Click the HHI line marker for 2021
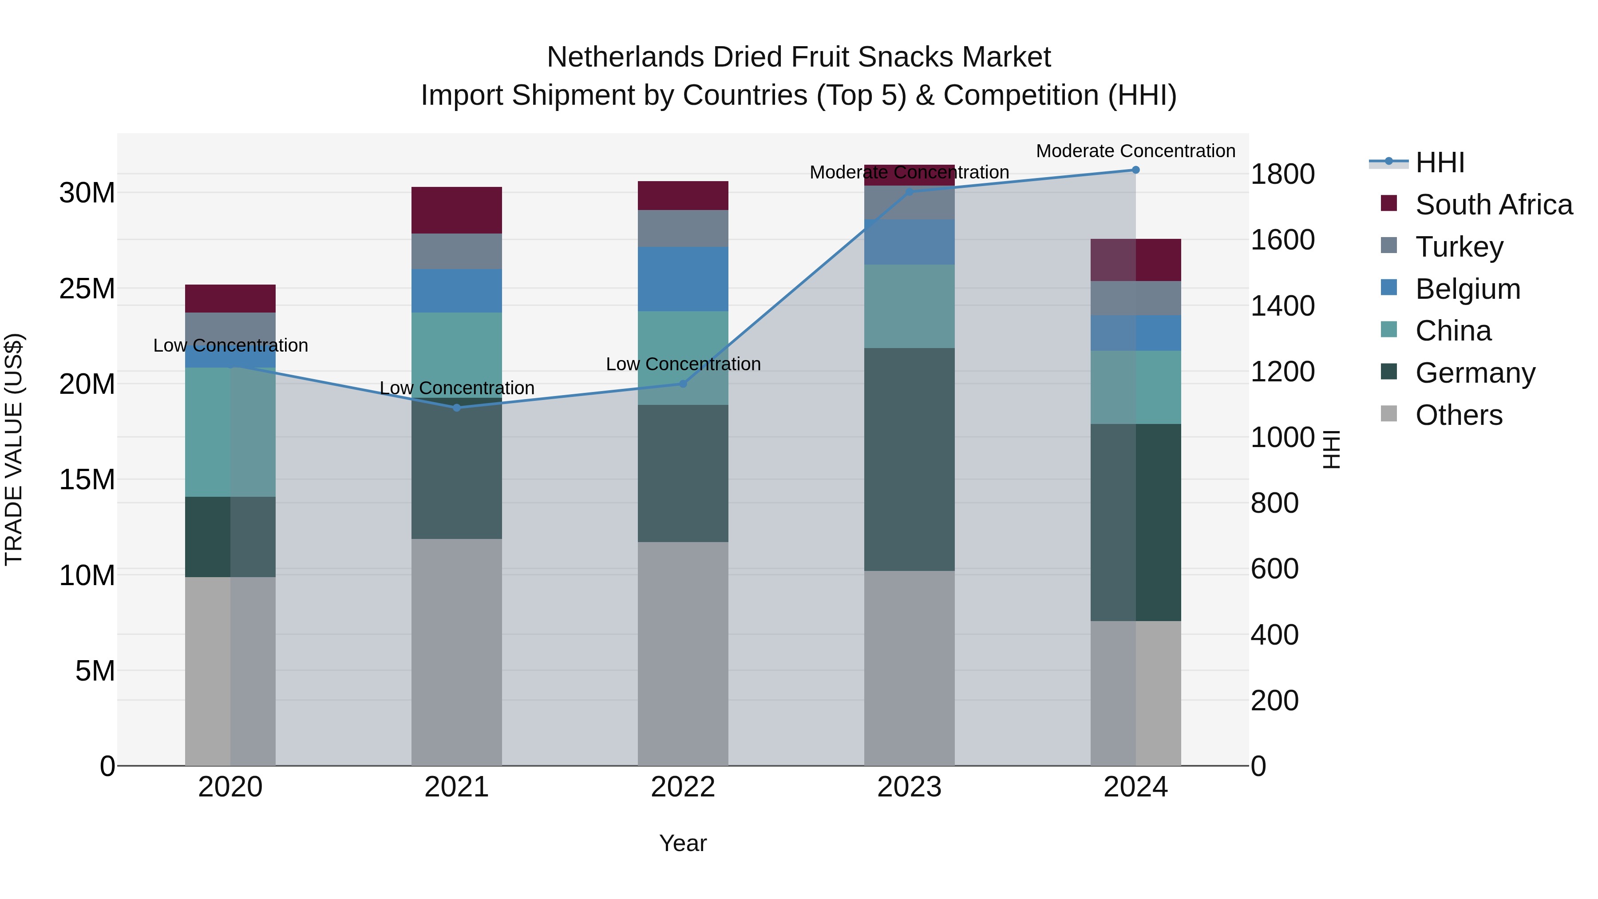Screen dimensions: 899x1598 point(457,408)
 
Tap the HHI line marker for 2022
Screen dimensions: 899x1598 point(683,384)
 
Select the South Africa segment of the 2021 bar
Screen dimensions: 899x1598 point(457,210)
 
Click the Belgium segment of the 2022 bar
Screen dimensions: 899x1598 point(683,279)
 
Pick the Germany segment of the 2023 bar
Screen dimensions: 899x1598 point(910,459)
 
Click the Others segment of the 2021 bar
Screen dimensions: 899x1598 point(457,651)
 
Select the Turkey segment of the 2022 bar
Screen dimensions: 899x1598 point(683,228)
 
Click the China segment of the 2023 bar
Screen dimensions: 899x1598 point(910,306)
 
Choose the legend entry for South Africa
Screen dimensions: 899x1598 point(1493,205)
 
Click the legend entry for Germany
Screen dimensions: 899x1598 point(1475,373)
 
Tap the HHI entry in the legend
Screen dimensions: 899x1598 point(1439,162)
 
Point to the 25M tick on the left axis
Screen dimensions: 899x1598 point(87,289)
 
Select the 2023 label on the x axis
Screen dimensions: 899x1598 point(910,787)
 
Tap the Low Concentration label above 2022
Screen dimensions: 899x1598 point(683,364)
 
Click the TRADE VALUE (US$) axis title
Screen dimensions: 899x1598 point(14,449)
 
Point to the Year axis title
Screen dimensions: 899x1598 point(683,843)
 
